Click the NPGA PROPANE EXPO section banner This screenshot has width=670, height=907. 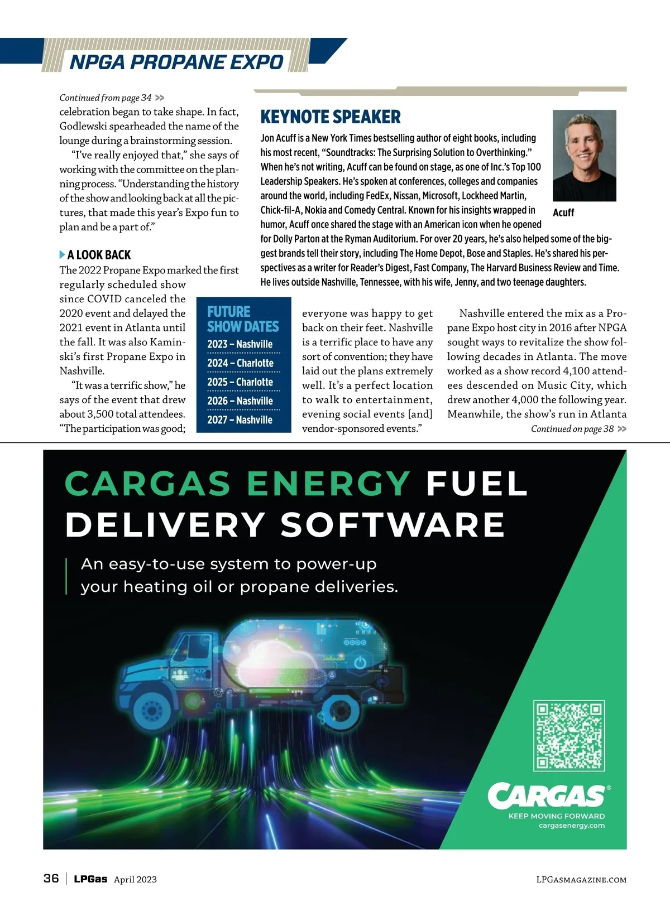click(176, 61)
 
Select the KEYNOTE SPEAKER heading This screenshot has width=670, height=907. click(331, 117)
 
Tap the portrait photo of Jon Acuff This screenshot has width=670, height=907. click(584, 155)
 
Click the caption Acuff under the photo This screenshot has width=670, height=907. click(563, 213)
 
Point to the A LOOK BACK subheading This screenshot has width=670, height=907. click(99, 255)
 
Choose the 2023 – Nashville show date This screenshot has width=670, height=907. click(240, 344)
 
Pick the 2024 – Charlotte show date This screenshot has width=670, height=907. click(240, 363)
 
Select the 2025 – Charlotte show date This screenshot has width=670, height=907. click(240, 382)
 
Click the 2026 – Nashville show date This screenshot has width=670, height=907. click(240, 401)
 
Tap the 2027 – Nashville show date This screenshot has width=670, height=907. click(240, 420)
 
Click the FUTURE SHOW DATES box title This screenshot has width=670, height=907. click(242, 319)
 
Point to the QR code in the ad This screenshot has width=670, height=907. click(569, 735)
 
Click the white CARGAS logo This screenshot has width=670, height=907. click(546, 795)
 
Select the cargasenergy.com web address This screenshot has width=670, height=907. click(571, 826)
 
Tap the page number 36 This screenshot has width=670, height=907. click(51, 879)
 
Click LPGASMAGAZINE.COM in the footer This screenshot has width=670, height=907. click(581, 880)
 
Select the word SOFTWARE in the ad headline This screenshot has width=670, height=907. click(393, 525)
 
